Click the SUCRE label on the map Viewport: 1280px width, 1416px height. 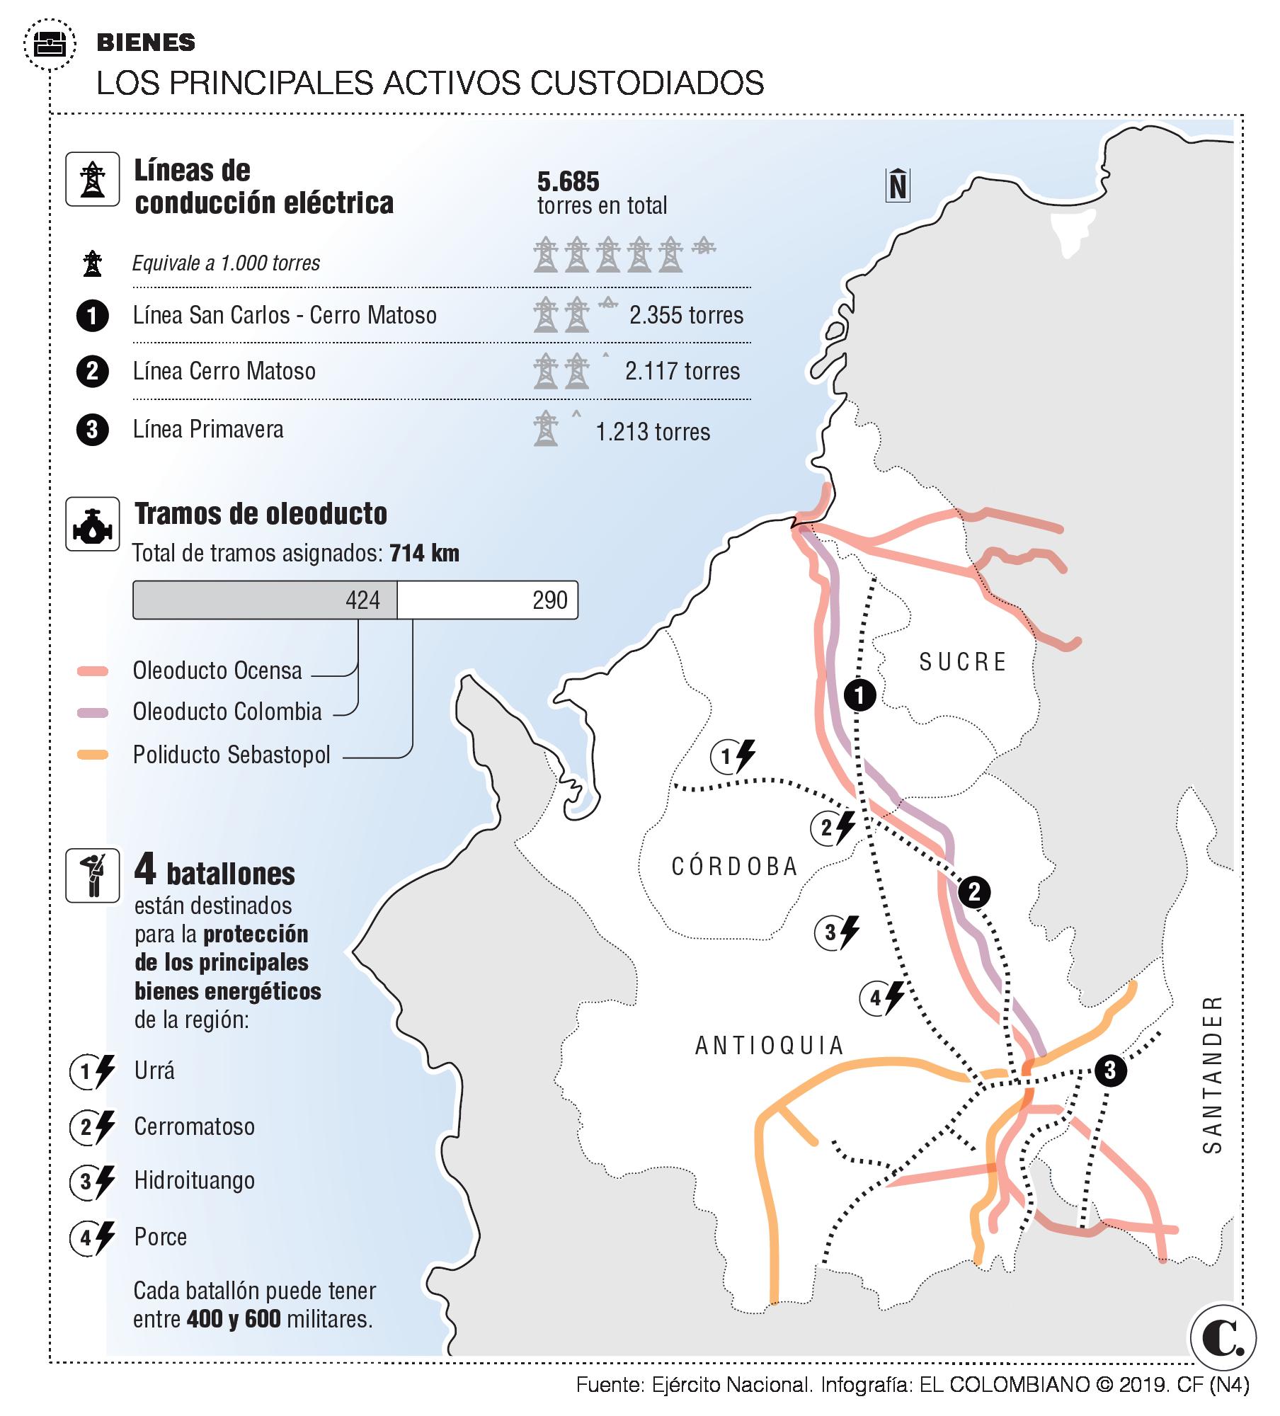[x=962, y=662]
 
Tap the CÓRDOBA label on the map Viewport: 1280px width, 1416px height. [x=735, y=867]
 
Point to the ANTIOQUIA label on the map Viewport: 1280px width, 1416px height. [x=770, y=1045]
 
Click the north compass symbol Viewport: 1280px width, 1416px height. [x=898, y=185]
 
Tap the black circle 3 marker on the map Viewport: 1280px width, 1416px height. [x=1109, y=1070]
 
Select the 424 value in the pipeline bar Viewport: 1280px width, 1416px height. [x=362, y=600]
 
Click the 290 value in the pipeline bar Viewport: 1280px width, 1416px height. [x=549, y=600]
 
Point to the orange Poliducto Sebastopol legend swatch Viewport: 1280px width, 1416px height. [x=93, y=755]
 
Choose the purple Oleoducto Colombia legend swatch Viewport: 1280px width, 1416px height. [x=93, y=712]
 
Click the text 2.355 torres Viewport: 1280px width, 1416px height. [x=686, y=315]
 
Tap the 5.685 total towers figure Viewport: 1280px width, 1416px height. [x=568, y=182]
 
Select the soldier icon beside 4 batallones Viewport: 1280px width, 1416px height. [x=93, y=876]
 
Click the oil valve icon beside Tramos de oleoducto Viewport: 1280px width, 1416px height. [x=93, y=524]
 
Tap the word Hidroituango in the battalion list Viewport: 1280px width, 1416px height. [x=194, y=1181]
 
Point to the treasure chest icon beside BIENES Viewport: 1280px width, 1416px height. [x=50, y=45]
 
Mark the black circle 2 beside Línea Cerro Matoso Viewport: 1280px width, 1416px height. [x=93, y=371]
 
